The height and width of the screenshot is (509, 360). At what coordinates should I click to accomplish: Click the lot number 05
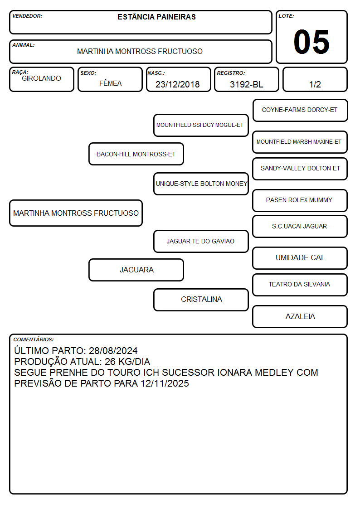point(311,42)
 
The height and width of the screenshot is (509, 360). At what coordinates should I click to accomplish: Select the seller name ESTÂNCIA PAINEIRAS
point(156,17)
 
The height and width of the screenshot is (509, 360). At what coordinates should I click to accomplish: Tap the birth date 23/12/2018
point(178,84)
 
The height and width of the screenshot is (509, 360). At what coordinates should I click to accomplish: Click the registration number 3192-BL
point(246,84)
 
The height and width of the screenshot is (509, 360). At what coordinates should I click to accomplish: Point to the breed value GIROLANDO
point(41,78)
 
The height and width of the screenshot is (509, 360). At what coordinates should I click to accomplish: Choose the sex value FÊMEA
point(110,83)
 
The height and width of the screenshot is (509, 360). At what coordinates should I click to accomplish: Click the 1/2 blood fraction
point(315,84)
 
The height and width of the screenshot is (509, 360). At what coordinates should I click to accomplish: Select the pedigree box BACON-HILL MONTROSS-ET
point(136,154)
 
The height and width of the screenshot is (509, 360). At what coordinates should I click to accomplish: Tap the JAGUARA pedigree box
point(136,270)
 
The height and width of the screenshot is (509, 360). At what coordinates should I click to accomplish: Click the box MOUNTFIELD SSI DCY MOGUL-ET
point(201,125)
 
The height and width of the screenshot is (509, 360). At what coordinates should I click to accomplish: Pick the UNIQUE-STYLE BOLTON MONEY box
point(201,184)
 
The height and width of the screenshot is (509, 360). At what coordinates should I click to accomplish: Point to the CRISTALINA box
point(201,300)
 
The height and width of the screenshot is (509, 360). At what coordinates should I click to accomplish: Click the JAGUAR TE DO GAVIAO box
point(201,241)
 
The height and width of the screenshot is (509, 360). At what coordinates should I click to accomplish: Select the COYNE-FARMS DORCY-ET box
point(300,110)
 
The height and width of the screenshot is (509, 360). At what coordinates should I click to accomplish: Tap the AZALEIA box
point(300,316)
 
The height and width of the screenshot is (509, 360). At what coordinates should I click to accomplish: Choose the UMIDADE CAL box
point(300,258)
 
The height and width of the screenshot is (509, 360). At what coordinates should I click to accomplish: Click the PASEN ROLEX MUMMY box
point(300,200)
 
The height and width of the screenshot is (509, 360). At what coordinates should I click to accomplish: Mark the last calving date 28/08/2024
point(113,351)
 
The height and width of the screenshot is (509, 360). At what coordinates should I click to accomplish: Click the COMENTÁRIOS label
point(34,339)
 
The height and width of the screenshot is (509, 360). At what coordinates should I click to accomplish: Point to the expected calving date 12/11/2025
point(165,383)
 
